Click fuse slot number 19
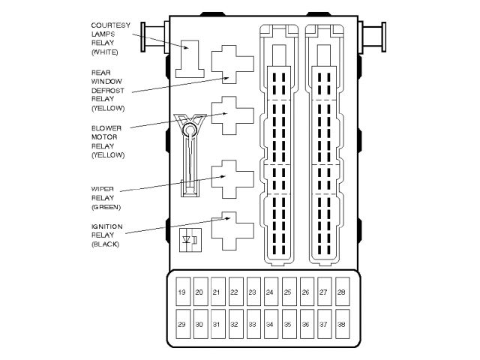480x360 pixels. tap(182, 292)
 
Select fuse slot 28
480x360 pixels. tap(341, 292)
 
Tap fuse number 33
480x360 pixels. tap(253, 325)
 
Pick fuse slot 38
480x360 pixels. tap(341, 325)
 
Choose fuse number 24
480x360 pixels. tap(270, 292)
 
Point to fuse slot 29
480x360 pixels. tap(182, 325)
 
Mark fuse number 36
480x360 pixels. tap(306, 325)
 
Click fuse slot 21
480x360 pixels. tap(217, 292)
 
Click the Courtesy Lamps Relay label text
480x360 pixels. tap(110, 39)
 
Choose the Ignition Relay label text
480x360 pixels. tap(106, 235)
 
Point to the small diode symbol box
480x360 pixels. tap(190, 241)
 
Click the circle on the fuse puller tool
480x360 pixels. tap(190, 131)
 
